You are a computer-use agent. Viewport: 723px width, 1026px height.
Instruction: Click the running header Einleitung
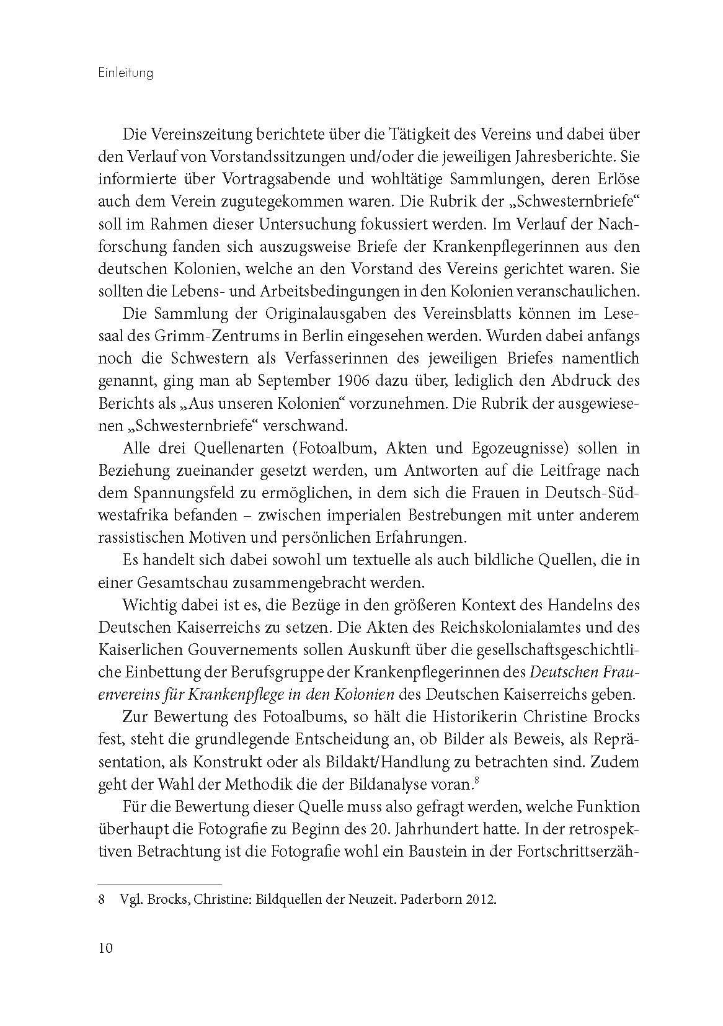pyautogui.click(x=126, y=73)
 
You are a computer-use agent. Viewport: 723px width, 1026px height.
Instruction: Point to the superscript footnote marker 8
pyautogui.click(x=474, y=780)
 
